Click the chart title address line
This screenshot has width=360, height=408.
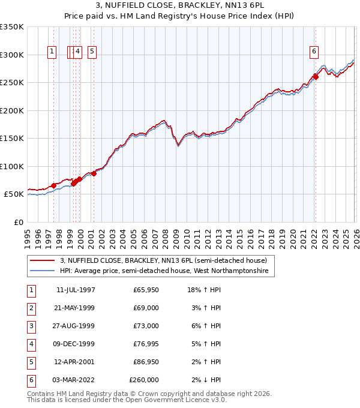pyautogui.click(x=179, y=5)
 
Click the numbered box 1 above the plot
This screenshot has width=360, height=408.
pyautogui.click(x=53, y=52)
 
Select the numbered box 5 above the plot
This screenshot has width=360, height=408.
pyautogui.click(x=92, y=52)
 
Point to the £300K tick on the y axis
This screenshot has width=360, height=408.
pyautogui.click(x=12, y=55)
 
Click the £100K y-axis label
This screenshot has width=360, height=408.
pyautogui.click(x=12, y=166)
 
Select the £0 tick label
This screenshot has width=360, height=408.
pyautogui.click(x=19, y=222)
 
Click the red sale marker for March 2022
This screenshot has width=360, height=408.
pyautogui.click(x=316, y=77)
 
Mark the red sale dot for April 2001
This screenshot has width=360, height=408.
pyautogui.click(x=94, y=173)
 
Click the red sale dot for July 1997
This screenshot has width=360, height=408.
pyautogui.click(x=53, y=185)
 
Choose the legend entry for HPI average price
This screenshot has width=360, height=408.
pyautogui.click(x=167, y=271)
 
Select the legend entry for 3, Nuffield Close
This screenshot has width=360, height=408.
pyautogui.click(x=167, y=260)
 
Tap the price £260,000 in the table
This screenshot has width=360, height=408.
pyautogui.click(x=144, y=380)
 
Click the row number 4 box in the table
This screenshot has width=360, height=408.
pyautogui.click(x=31, y=344)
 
